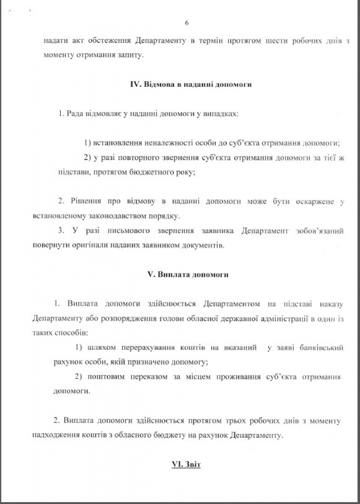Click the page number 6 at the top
187,23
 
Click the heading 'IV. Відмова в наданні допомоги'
191,85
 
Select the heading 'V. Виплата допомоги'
188,275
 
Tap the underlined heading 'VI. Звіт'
186,464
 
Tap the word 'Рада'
75,113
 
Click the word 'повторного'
139,158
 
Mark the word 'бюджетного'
159,173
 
